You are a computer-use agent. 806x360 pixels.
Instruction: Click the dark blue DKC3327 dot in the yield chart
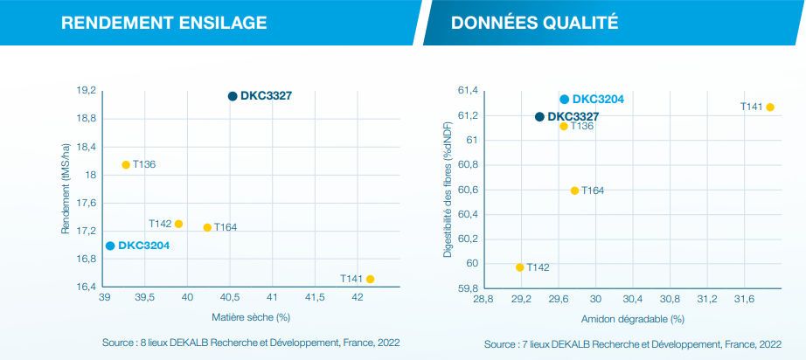pos(233,96)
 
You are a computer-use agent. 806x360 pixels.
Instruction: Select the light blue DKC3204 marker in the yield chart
pos(110,246)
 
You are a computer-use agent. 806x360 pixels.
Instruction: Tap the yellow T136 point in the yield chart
pos(126,164)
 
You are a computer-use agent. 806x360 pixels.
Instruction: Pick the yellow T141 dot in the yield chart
pos(371,279)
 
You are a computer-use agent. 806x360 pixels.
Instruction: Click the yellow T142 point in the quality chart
pos(520,267)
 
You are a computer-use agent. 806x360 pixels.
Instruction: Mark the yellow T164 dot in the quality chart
pos(574,190)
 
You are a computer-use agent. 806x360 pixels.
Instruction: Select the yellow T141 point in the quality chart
pos(770,107)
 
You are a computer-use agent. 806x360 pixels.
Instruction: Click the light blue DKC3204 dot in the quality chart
pos(565,100)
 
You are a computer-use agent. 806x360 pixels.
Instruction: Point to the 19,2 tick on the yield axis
pos(86,91)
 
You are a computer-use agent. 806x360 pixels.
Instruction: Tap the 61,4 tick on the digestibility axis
pos(468,91)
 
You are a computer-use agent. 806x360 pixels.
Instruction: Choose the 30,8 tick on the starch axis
pos(671,299)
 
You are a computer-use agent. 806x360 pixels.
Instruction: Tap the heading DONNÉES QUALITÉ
pos(534,22)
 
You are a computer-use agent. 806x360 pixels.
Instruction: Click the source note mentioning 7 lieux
pos(633,343)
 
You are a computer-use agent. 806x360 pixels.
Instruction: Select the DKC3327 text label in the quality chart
pos(573,116)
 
